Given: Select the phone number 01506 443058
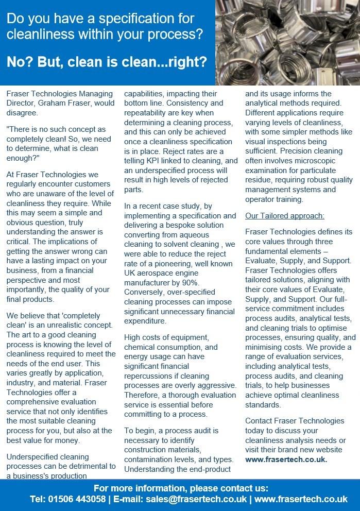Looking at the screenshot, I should pos(78,499).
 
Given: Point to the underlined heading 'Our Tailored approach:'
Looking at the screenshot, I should pos(284,215).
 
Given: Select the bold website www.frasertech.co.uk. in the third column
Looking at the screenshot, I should pos(286,459).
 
